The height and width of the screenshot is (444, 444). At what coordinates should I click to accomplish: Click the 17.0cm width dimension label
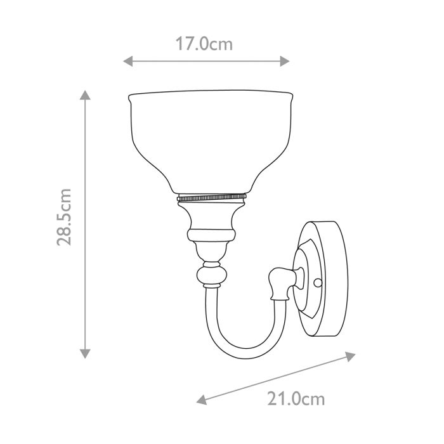(x=204, y=44)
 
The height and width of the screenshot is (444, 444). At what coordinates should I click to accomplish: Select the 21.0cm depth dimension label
(x=296, y=399)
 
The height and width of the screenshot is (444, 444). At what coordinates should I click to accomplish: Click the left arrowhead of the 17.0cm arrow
(x=127, y=62)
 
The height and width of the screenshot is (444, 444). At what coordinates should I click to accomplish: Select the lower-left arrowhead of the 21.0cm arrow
(x=201, y=400)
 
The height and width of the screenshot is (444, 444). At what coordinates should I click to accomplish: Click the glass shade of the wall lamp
(x=211, y=140)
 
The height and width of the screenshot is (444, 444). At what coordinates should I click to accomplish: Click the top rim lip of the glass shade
(x=211, y=95)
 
